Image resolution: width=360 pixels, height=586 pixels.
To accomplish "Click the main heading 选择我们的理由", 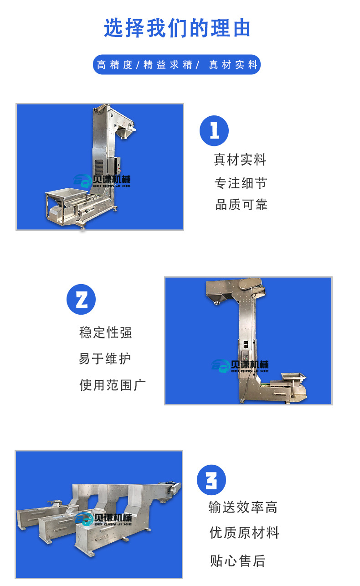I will click(177, 28).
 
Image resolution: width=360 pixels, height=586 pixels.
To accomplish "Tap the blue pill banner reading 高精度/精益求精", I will click(177, 65).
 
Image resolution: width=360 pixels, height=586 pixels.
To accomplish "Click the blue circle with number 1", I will click(214, 131).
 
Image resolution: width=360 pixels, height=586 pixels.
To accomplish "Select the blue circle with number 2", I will click(81, 300).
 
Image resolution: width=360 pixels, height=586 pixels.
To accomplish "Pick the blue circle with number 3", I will click(211, 480).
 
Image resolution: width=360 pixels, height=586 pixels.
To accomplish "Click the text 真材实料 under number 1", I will click(240, 160).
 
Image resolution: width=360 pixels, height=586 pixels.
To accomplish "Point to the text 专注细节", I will click(241, 183).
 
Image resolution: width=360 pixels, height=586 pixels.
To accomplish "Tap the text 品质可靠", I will click(241, 205).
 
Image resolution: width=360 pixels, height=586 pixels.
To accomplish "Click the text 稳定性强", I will click(106, 332).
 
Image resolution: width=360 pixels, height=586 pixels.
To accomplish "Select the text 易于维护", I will click(105, 358).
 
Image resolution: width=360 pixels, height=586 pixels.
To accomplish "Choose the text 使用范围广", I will click(113, 385).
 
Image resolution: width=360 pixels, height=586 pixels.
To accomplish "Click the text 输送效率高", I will click(243, 507).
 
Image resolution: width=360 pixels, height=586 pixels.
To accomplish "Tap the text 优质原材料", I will click(244, 533).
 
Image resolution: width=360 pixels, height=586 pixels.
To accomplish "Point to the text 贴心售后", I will click(237, 560).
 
